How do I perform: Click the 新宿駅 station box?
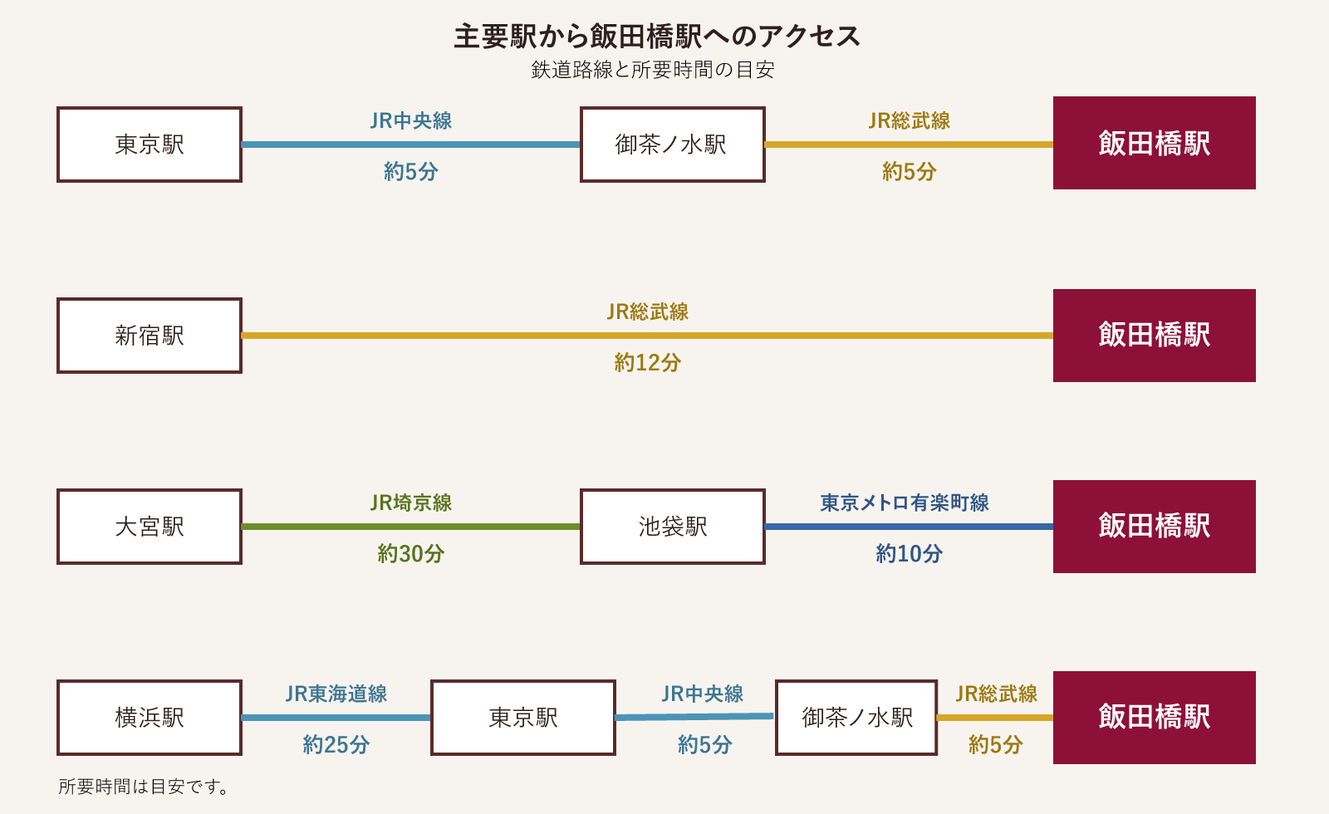click(150, 336)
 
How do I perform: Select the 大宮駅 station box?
click(150, 527)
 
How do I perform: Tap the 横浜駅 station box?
click(150, 718)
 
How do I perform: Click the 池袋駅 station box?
click(672, 527)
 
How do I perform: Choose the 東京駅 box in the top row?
click(150, 145)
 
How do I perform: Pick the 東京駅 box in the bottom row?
click(523, 718)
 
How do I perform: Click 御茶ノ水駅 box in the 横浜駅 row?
click(856, 718)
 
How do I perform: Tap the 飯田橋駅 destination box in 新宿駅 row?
click(1154, 336)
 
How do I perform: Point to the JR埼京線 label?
click(411, 503)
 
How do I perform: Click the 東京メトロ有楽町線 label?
click(905, 503)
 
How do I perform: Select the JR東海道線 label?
click(336, 694)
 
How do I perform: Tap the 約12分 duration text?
click(647, 362)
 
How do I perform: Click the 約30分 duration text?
click(411, 553)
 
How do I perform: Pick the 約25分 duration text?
click(336, 744)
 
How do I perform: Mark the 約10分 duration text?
click(910, 553)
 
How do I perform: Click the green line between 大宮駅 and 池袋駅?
click(411, 527)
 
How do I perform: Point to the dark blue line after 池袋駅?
click(910, 527)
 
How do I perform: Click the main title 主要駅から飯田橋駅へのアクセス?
click(656, 37)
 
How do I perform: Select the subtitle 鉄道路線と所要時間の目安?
click(653, 70)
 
